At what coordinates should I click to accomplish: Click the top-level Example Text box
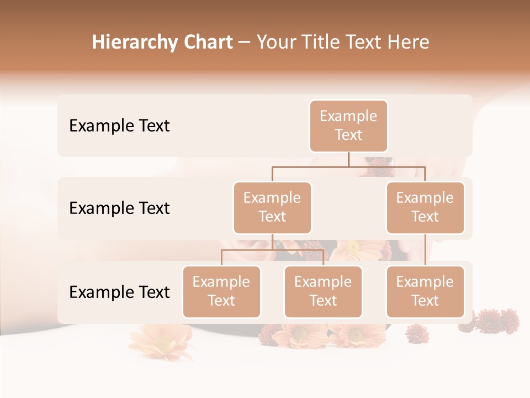click(x=348, y=126)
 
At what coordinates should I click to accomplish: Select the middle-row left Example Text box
click(x=272, y=208)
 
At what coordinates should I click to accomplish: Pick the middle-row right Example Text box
click(x=425, y=208)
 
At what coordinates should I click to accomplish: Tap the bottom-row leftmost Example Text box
click(x=221, y=292)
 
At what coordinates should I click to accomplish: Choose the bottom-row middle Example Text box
click(x=323, y=292)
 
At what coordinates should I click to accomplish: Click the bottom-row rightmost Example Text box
click(x=425, y=292)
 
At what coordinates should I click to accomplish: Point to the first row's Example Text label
click(x=119, y=126)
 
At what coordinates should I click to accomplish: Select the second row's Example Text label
click(x=119, y=208)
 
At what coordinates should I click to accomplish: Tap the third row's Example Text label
click(x=119, y=292)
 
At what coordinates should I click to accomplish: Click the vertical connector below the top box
click(x=348, y=159)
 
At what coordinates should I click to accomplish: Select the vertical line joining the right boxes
click(x=425, y=250)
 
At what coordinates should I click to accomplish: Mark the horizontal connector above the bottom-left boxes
click(x=272, y=250)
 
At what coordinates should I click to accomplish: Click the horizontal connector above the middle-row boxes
click(x=348, y=166)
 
